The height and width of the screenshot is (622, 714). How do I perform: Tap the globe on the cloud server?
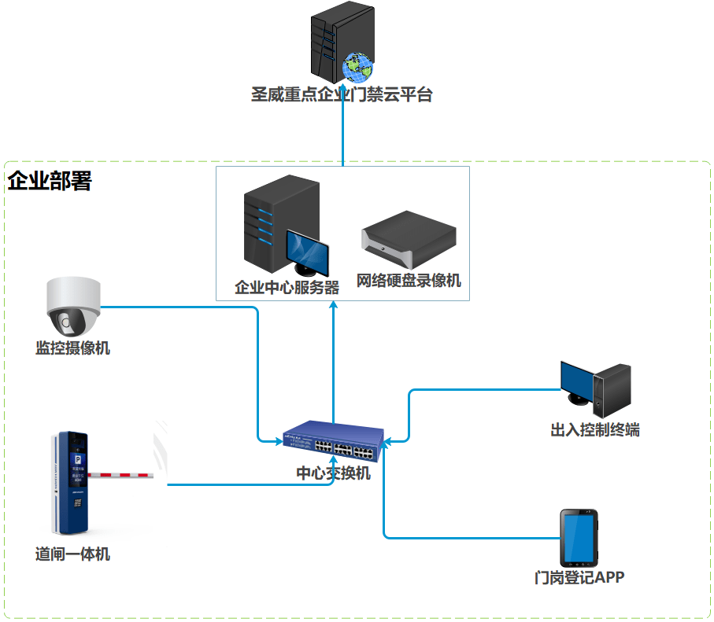tap(357, 68)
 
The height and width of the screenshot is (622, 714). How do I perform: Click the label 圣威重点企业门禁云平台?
tap(342, 95)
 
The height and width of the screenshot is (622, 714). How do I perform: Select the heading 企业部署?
tap(50, 181)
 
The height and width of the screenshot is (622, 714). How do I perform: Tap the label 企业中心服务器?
tap(287, 287)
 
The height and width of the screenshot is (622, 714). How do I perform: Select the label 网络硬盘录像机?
tap(409, 281)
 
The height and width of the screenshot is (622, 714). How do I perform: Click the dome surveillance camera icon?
tap(72, 307)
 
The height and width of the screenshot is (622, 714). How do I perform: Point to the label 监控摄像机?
tap(72, 348)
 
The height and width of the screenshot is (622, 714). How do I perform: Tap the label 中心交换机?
tap(333, 473)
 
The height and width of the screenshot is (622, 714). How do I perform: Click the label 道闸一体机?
tap(72, 554)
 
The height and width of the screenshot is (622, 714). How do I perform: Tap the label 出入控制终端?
tap(594, 430)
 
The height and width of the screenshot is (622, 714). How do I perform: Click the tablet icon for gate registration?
tap(579, 537)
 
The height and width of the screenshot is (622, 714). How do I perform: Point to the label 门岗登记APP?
tap(579, 578)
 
